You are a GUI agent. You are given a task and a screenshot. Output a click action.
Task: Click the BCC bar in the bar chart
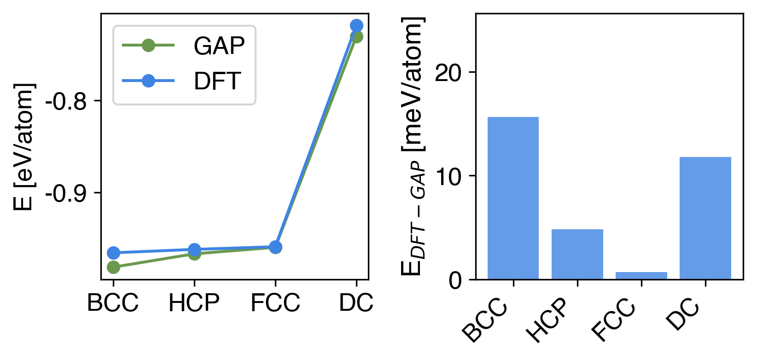click(513, 198)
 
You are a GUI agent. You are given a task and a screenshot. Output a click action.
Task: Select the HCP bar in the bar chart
click(577, 254)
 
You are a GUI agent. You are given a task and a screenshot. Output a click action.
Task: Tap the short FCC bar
click(641, 275)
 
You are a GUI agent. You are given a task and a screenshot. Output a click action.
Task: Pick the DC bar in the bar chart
click(705, 218)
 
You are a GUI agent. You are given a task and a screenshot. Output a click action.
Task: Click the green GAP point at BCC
click(113, 267)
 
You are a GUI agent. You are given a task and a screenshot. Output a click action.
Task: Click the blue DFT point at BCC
click(113, 253)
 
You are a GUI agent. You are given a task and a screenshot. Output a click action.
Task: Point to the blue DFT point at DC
click(356, 25)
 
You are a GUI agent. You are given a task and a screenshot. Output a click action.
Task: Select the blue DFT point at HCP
click(194, 250)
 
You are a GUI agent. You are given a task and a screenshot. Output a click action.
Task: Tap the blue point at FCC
click(275, 247)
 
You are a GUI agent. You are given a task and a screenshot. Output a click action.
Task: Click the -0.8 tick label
click(66, 102)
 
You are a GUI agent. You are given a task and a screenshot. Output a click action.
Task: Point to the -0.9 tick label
click(66, 194)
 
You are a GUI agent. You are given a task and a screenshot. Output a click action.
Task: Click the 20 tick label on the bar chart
click(448, 73)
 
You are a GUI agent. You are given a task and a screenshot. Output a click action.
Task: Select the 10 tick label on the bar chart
click(448, 177)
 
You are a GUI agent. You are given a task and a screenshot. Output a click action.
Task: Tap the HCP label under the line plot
click(194, 303)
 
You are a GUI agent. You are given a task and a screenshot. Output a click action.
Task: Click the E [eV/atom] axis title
click(23, 147)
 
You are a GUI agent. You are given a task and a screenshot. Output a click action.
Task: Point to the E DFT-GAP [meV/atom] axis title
click(413, 147)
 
